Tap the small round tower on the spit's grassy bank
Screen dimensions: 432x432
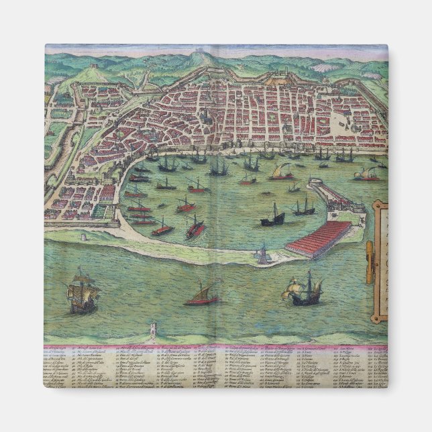(83, 236)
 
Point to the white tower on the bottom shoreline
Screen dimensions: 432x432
(153, 329)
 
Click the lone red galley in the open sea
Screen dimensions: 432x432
(202, 296)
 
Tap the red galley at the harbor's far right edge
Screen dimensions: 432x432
(368, 176)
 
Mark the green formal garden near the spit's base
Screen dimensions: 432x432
(101, 212)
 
